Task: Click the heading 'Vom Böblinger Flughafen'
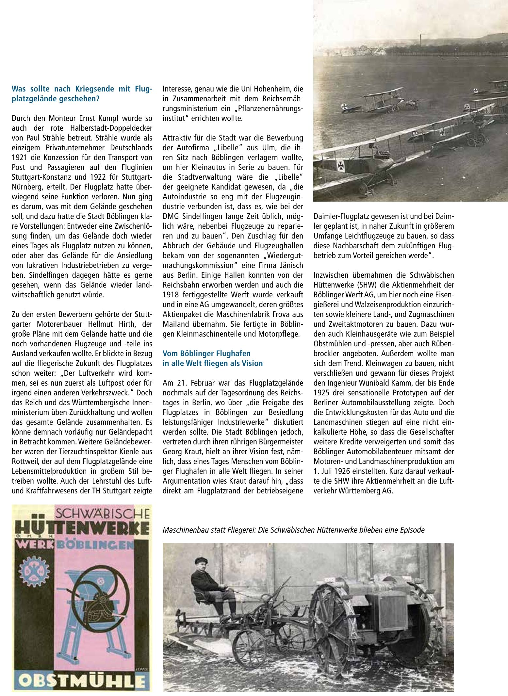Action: (x=206, y=354)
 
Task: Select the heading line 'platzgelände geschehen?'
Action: (x=56, y=99)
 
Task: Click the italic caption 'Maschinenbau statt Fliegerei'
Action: (x=209, y=530)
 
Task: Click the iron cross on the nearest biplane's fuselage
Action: (x=341, y=166)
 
